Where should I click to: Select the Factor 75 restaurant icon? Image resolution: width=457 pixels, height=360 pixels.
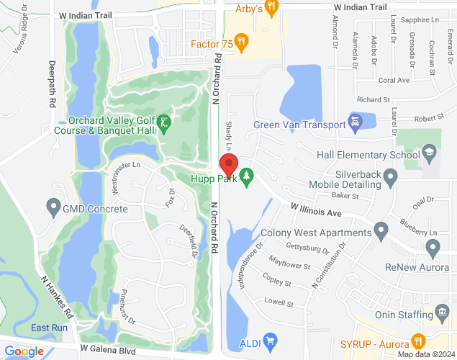pyautogui.click(x=242, y=44)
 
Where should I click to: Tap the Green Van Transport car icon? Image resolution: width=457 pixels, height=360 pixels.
pyautogui.click(x=354, y=124)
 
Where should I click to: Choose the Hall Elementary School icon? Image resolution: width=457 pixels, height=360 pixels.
pyautogui.click(x=429, y=154)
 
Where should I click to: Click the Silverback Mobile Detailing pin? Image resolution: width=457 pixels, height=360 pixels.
pyautogui.click(x=391, y=176)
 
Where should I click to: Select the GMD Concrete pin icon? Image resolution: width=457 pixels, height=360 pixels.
pyautogui.click(x=53, y=209)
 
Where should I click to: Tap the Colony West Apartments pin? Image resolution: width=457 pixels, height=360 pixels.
pyautogui.click(x=381, y=232)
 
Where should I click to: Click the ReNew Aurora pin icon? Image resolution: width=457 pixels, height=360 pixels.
pyautogui.click(x=433, y=249)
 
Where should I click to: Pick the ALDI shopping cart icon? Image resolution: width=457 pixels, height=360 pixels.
pyautogui.click(x=270, y=340)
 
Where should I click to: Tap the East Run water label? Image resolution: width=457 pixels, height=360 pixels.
pyautogui.click(x=49, y=328)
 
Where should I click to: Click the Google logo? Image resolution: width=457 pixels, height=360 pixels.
pyautogui.click(x=24, y=351)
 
